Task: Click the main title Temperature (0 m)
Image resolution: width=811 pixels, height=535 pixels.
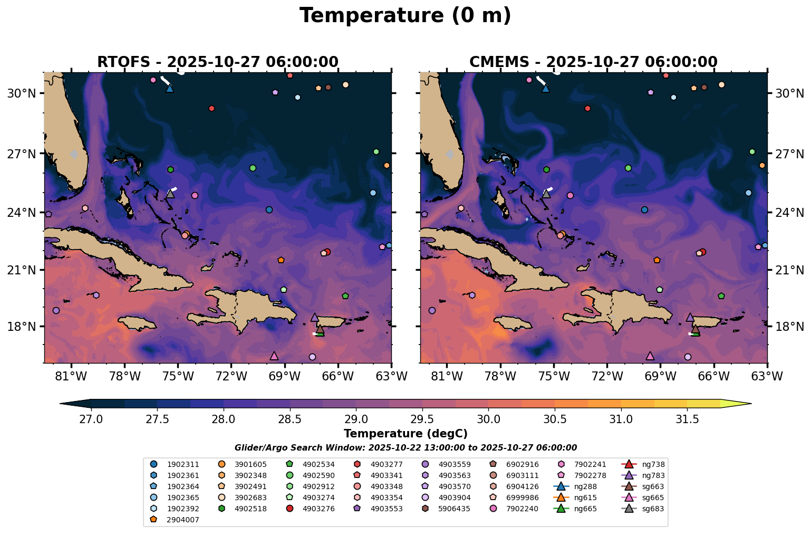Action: tap(405, 16)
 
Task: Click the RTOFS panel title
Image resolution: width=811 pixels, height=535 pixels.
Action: tap(217, 62)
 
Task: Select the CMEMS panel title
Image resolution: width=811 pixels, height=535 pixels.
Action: tap(593, 62)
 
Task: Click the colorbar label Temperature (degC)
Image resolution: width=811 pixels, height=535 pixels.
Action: tap(405, 434)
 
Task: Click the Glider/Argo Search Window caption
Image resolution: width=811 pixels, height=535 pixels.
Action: tap(405, 448)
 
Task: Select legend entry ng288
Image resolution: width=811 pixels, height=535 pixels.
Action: tap(585, 486)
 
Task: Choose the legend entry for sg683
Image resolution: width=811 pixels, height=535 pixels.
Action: tap(653, 509)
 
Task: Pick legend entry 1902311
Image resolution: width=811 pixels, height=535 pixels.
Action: tap(183, 465)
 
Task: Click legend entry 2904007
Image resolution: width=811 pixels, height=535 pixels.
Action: tap(183, 520)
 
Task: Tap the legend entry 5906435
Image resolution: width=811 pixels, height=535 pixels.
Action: tap(454, 509)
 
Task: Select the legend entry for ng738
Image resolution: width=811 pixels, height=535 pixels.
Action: tap(653, 465)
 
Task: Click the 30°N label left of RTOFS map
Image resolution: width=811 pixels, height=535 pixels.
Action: tap(21, 93)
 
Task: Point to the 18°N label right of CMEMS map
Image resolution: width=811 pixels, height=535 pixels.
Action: tap(789, 327)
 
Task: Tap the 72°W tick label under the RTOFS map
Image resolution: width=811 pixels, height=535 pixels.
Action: tap(231, 377)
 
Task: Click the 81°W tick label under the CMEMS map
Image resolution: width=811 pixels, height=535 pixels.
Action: tap(447, 377)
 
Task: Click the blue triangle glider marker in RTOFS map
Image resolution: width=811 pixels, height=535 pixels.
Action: tap(170, 88)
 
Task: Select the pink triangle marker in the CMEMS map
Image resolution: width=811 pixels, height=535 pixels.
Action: tap(650, 356)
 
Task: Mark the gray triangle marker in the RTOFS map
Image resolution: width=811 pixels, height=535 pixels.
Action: tap(170, 194)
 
